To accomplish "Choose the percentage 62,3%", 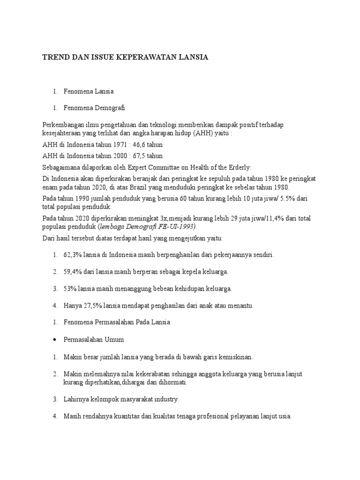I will coord(73,255).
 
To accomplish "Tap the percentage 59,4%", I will coord(73,271).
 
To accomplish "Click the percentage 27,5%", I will coord(93,306).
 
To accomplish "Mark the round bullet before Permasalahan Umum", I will coord(55,339).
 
